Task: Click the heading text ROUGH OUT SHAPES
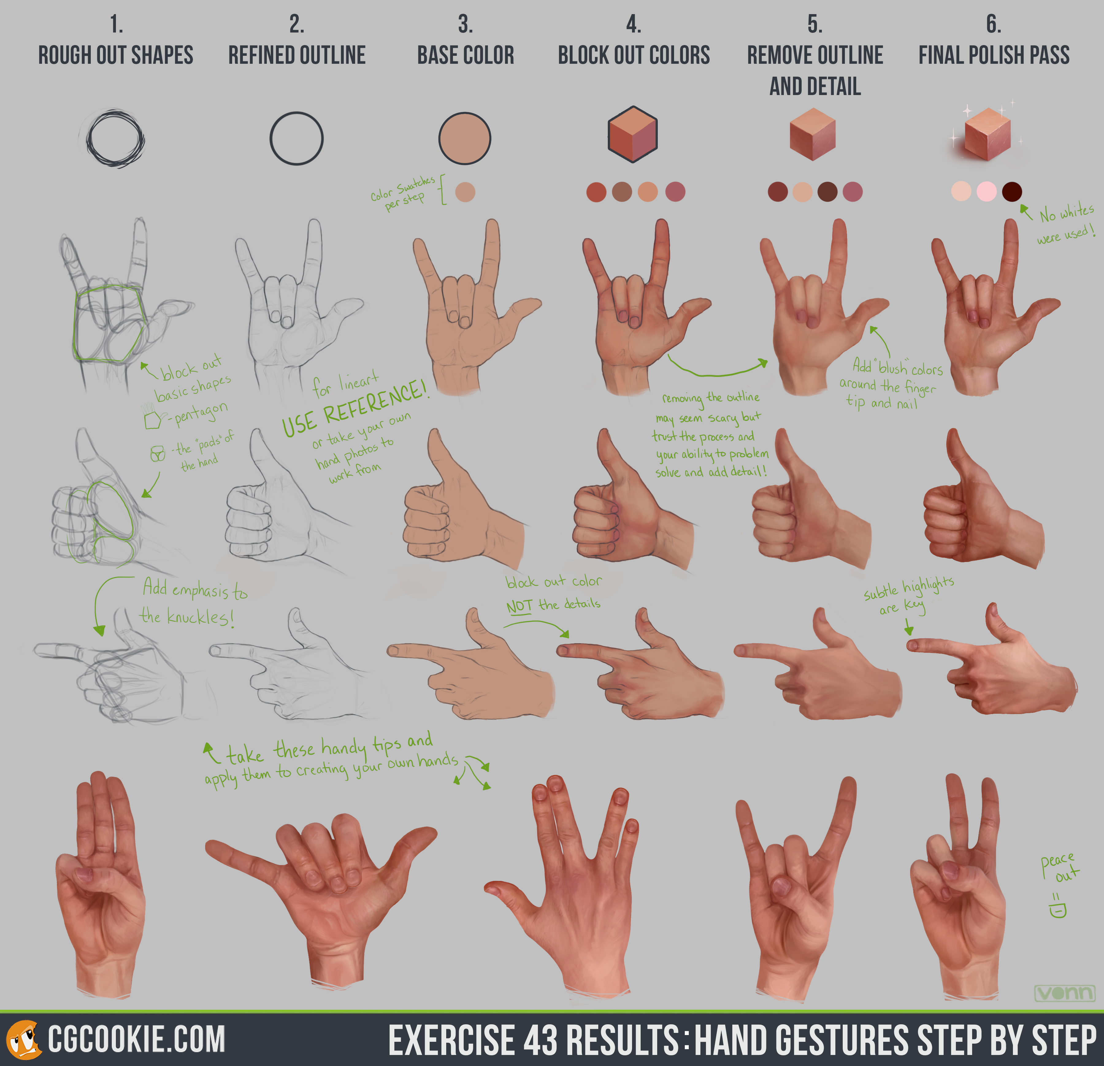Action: pyautogui.click(x=116, y=55)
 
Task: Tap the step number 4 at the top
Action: pyautogui.click(x=633, y=24)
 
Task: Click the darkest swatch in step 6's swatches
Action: pyautogui.click(x=1012, y=192)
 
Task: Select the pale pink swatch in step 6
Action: pyautogui.click(x=986, y=192)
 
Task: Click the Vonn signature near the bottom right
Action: pyautogui.click(x=1064, y=993)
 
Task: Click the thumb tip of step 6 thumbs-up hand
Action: pyautogui.click(x=953, y=436)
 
